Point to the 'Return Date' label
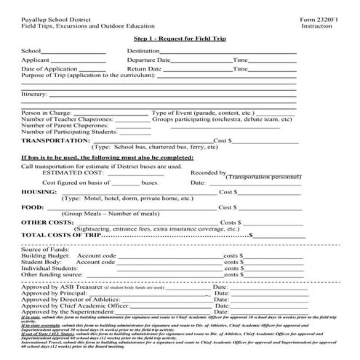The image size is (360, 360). point(144,68)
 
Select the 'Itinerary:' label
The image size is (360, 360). point(34,95)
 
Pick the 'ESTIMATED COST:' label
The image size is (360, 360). point(73,173)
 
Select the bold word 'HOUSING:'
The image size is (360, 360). point(39,191)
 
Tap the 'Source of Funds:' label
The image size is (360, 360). point(44,250)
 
